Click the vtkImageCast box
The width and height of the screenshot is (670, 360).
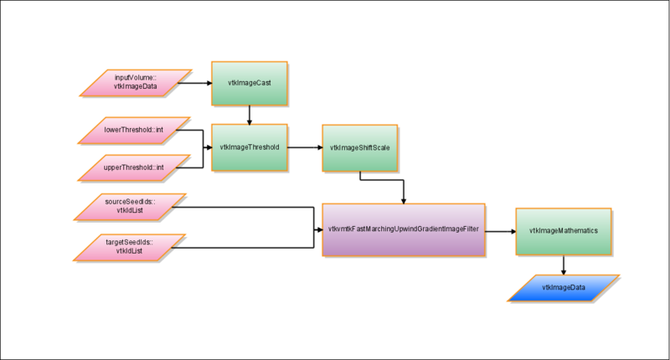point(249,83)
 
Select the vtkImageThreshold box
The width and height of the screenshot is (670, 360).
point(249,147)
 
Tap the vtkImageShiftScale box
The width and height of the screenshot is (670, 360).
point(359,147)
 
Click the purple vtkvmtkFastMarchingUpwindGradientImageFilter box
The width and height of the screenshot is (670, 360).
point(405,229)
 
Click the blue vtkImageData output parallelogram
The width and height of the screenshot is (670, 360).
point(563,288)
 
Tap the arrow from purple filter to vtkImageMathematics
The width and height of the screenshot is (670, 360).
point(500,230)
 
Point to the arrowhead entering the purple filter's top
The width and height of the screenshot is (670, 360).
point(405,199)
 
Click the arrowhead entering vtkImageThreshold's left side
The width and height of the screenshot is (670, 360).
point(208,147)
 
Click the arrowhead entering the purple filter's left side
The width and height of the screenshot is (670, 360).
point(319,229)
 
